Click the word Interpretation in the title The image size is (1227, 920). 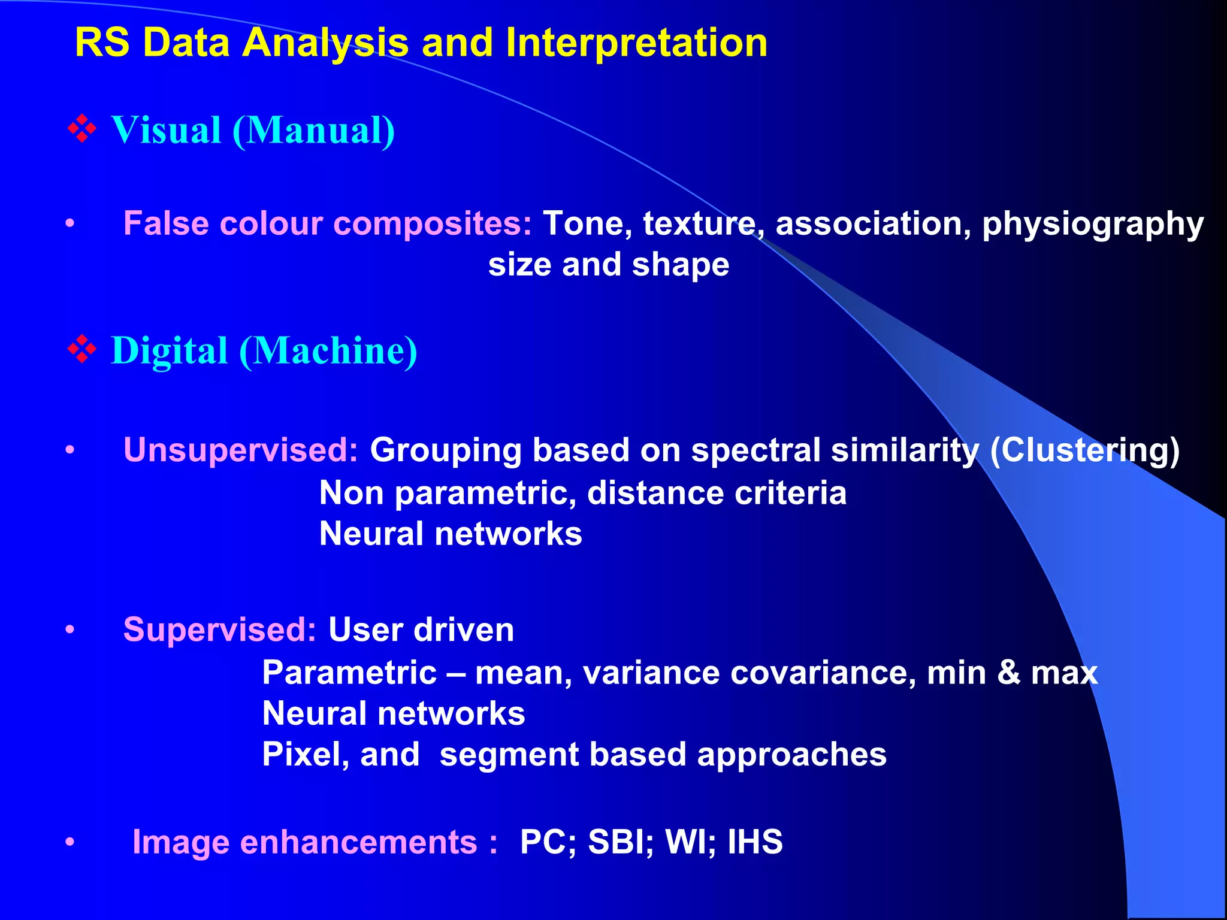point(636,43)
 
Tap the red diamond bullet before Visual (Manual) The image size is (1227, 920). point(82,129)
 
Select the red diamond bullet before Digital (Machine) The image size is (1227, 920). point(82,349)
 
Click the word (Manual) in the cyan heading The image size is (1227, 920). point(313,130)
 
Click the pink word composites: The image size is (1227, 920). point(432,223)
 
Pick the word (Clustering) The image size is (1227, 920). point(1084,450)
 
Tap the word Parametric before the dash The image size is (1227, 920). point(349,673)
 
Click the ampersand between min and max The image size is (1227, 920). point(1009,673)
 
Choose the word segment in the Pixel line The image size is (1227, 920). point(509,754)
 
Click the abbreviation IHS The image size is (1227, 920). point(755,842)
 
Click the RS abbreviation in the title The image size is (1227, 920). point(102,43)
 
